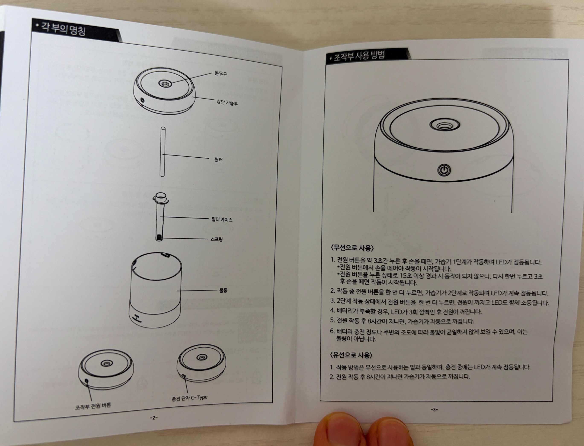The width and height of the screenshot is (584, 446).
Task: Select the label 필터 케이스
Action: click(x=222, y=220)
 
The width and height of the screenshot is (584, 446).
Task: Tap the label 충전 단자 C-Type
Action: click(x=189, y=398)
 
